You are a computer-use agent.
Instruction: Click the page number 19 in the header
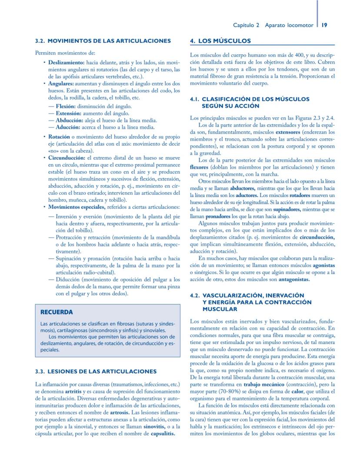click(324, 25)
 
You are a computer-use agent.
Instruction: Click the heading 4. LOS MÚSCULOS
click(221, 41)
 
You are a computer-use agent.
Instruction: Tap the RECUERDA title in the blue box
click(57, 312)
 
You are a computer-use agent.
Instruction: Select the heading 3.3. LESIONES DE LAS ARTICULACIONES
click(95, 371)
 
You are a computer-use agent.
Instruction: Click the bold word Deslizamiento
click(66, 63)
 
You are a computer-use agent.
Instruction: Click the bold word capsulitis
click(163, 433)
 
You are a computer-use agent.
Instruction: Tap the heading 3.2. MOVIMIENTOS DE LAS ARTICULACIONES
click(103, 41)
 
